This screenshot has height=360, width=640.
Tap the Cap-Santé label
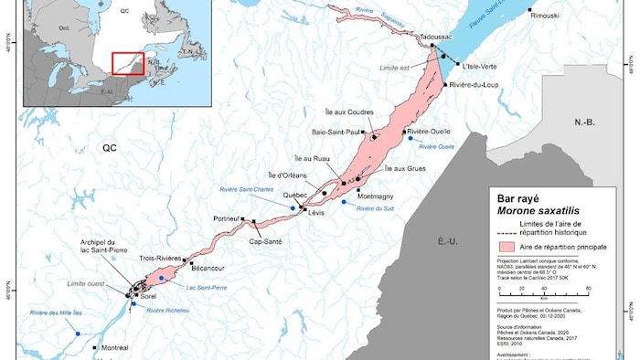coord(262,242)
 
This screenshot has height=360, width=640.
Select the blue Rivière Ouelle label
coord(435,146)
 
